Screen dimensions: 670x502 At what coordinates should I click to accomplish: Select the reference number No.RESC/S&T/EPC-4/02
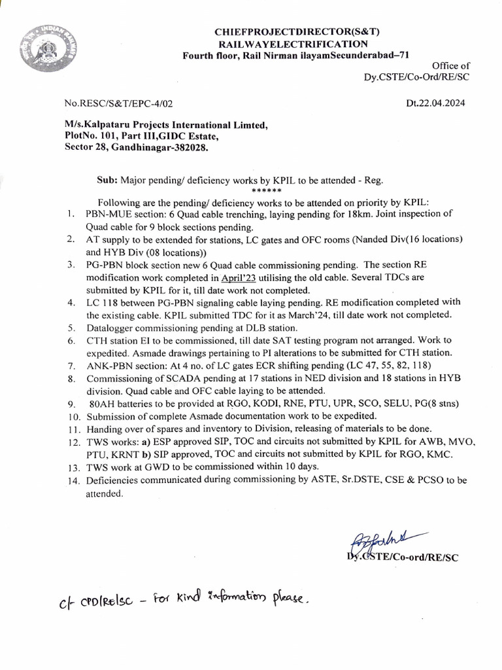[x=119, y=103]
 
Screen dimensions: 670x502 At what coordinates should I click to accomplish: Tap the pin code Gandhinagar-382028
[x=169, y=150]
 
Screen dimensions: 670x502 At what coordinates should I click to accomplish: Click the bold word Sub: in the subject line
[x=107, y=179]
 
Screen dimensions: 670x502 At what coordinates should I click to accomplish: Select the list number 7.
[x=70, y=364]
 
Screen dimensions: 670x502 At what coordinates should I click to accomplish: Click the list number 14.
[x=72, y=480]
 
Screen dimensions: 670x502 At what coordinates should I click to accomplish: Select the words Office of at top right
[x=451, y=65]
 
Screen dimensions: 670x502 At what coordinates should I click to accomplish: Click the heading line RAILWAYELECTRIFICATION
[x=293, y=43]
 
